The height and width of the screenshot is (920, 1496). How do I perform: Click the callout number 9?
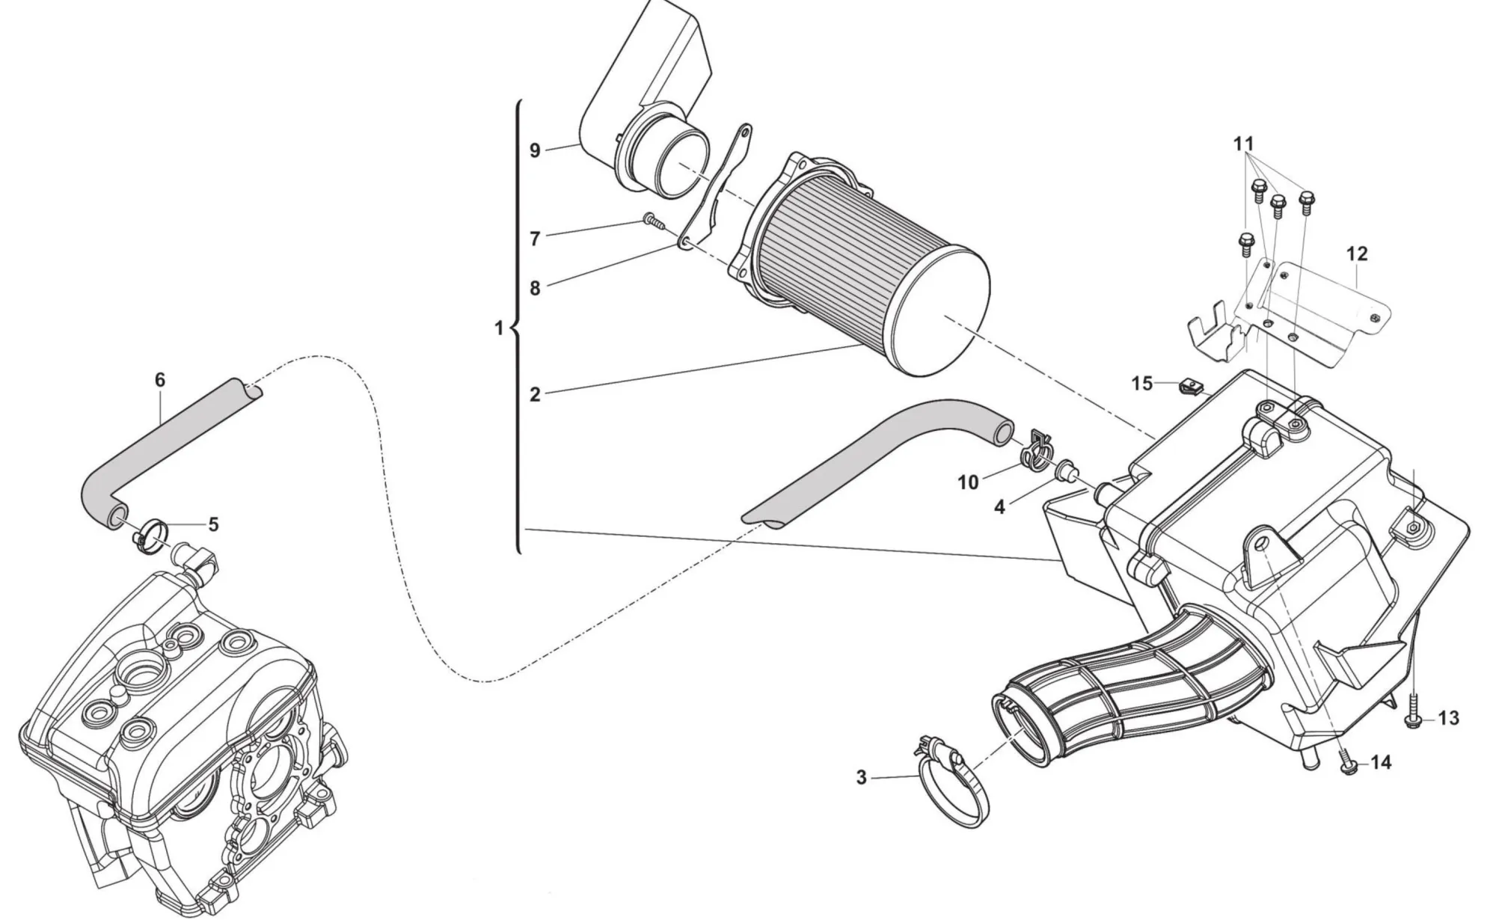(x=535, y=151)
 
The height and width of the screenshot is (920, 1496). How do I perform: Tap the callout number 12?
(x=1356, y=254)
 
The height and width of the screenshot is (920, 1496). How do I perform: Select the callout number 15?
(x=1141, y=384)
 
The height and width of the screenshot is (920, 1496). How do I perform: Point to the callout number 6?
(x=160, y=380)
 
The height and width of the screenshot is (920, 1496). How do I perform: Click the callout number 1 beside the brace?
(x=499, y=328)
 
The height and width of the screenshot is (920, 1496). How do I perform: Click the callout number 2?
(x=535, y=395)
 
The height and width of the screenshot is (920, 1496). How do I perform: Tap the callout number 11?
(x=1243, y=144)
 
